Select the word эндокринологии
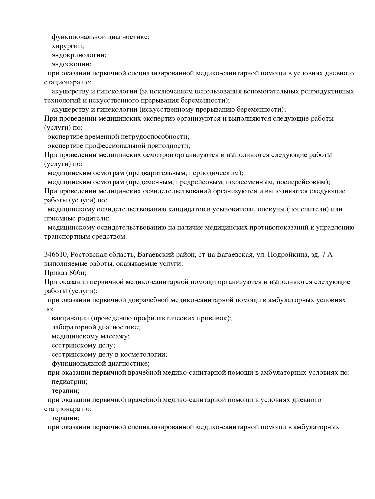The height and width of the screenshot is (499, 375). pyautogui.click(x=79, y=55)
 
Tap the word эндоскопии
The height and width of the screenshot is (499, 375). pyautogui.click(x=71, y=64)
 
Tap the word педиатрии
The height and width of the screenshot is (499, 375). pyautogui.click(x=69, y=382)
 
